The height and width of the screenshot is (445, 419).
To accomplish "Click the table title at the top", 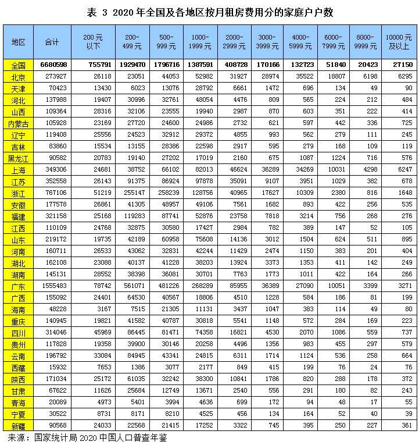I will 209,12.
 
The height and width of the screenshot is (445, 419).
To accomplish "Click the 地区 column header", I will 18,42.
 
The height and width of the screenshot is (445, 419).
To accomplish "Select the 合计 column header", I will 52,42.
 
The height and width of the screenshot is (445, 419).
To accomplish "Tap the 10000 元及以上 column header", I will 399,42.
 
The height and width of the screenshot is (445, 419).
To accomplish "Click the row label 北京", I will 18,77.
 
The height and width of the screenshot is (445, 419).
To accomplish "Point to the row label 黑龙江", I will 18,158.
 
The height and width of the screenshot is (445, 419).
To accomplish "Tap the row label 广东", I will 18,286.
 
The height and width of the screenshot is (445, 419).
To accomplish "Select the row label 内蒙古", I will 18,123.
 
